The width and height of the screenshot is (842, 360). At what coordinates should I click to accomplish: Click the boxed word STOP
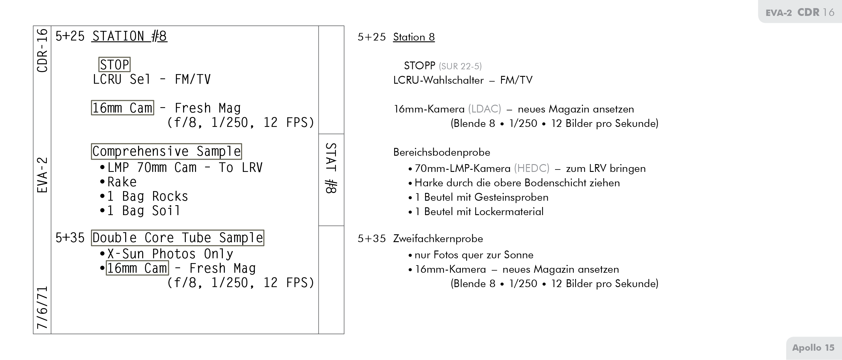point(114,64)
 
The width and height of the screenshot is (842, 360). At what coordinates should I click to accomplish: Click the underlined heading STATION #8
point(129,36)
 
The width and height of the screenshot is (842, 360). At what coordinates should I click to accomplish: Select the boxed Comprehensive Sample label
point(166,151)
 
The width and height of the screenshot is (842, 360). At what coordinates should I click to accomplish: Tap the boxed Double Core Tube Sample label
point(177,238)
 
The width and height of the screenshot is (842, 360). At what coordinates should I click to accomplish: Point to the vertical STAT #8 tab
point(331,168)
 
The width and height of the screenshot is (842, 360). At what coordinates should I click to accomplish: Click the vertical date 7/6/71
point(43,307)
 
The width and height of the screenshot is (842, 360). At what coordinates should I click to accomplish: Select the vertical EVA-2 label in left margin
point(43,175)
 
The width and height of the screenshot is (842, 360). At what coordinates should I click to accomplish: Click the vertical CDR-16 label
point(43,51)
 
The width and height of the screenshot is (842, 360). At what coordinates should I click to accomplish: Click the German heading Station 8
point(414,37)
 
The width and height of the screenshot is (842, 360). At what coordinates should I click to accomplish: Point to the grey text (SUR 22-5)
point(460,66)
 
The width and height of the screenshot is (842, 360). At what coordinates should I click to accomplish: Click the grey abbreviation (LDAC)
point(484,109)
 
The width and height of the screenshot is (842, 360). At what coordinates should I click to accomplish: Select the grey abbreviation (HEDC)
point(532,168)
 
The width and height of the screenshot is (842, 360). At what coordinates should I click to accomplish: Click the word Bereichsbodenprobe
point(442,152)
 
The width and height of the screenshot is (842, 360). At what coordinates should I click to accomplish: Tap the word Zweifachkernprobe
point(438,238)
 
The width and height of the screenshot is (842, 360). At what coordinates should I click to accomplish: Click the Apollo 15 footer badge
point(813,348)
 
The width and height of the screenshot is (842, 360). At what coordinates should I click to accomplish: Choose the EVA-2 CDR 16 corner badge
point(800,12)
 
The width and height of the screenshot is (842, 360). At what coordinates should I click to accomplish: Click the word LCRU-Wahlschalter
point(438,80)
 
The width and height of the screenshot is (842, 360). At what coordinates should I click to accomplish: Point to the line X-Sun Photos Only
point(170,254)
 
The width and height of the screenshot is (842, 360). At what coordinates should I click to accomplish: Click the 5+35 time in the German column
point(372,238)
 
